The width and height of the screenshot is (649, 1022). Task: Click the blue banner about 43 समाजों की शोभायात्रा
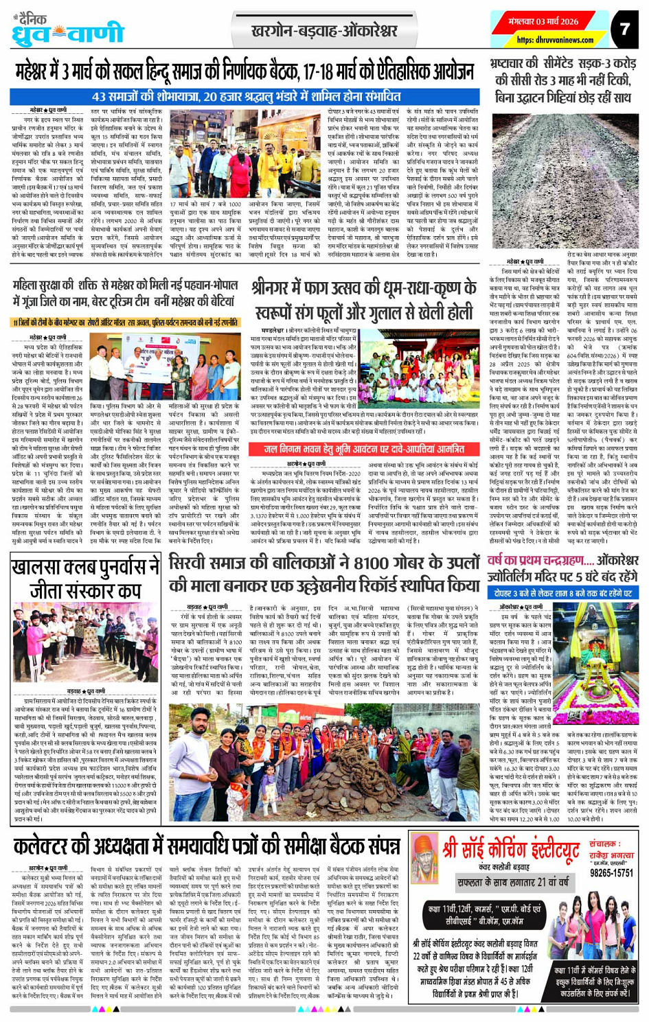(243, 97)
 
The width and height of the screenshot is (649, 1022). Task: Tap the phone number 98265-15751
(611, 872)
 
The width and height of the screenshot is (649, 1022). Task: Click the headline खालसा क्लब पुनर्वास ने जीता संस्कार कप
(85, 580)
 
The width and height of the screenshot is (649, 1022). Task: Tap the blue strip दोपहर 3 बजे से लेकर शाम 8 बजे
(562, 592)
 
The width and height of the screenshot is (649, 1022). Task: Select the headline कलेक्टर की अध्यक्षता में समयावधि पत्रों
(206, 846)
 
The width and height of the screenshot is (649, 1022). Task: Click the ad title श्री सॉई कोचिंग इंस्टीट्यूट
(510, 850)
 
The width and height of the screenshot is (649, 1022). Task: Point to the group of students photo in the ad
(591, 926)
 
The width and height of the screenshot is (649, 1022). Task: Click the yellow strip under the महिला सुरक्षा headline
(124, 322)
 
